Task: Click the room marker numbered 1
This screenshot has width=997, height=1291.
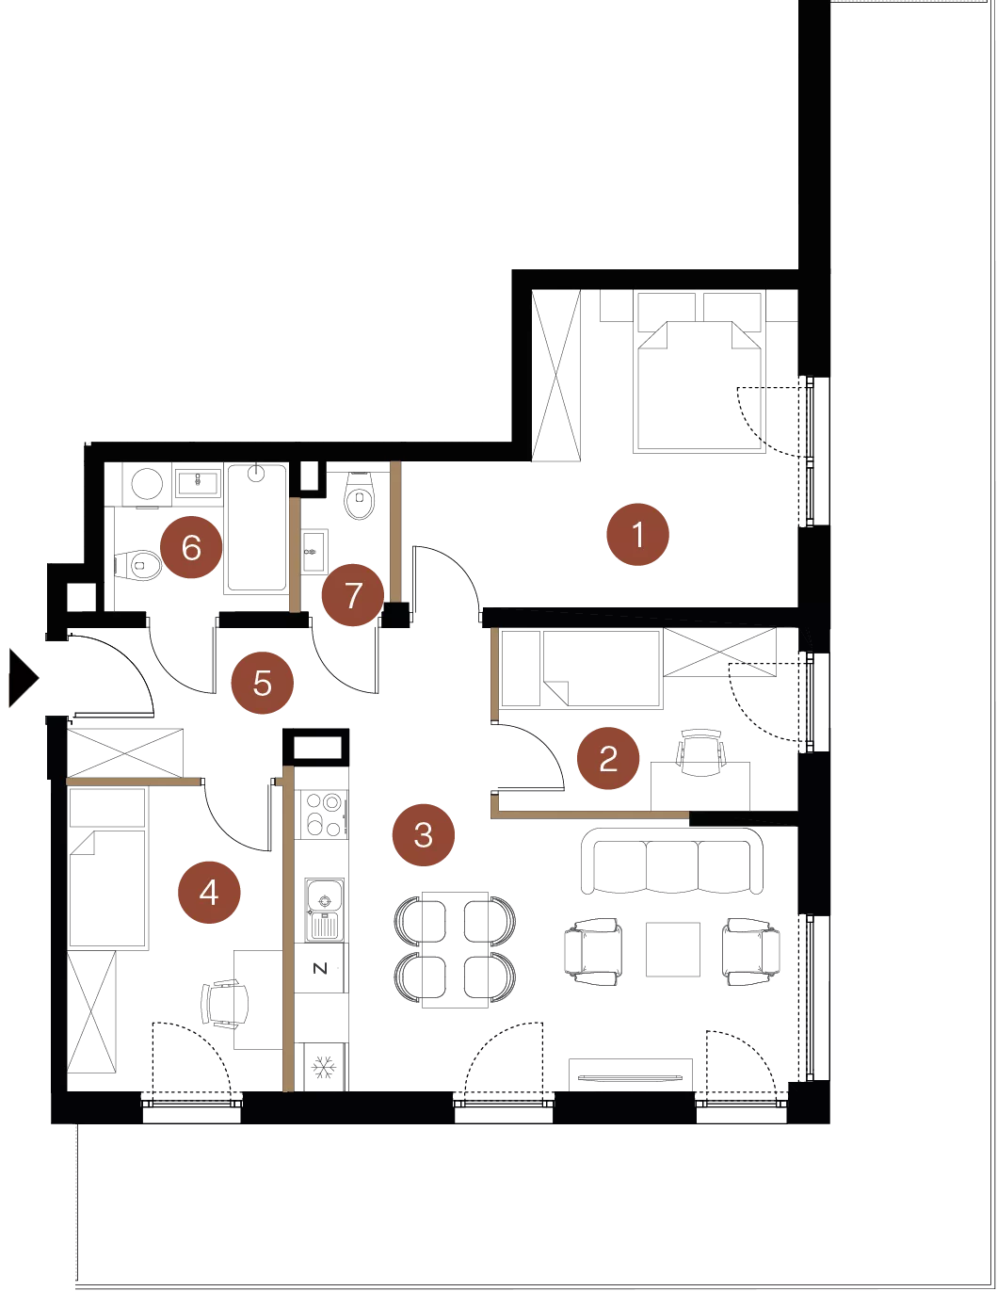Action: tap(637, 534)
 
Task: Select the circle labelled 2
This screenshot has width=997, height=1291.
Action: tap(608, 758)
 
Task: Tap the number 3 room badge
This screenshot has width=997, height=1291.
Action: tap(424, 834)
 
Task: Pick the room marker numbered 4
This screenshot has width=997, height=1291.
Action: tap(209, 893)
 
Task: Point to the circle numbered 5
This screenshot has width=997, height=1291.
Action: tap(263, 684)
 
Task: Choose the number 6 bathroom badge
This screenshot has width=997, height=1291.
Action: tap(191, 547)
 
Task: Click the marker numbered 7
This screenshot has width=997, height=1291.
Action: tap(353, 595)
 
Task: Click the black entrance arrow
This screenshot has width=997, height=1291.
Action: tap(24, 677)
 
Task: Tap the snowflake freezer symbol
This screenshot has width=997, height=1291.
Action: tap(324, 1067)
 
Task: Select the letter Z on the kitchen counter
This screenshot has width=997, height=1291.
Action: tap(320, 968)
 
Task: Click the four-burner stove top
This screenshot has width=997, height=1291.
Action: tap(324, 814)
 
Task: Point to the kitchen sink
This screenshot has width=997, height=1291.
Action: tap(324, 911)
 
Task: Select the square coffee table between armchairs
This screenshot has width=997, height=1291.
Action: tap(673, 949)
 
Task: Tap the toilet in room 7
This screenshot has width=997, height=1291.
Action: tap(360, 497)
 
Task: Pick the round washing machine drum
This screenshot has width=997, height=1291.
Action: tap(147, 484)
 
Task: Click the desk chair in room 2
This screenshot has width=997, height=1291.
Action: tap(701, 753)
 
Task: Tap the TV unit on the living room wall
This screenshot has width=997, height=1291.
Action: tap(631, 1074)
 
